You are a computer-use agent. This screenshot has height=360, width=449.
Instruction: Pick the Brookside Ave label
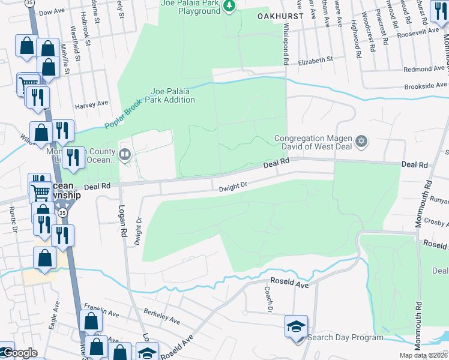(426, 86)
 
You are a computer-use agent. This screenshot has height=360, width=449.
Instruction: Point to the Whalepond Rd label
(286, 44)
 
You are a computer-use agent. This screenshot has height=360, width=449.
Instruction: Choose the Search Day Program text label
(345, 338)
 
